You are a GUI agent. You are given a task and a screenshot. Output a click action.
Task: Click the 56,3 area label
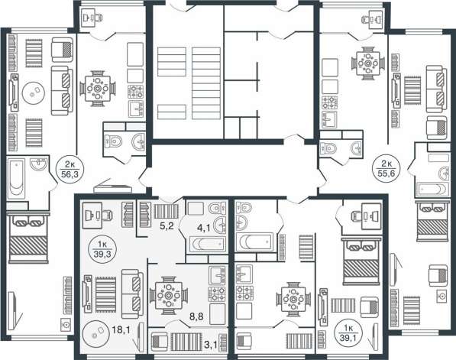[x=70, y=174]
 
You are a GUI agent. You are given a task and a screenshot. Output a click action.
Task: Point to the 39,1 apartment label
[x=348, y=333]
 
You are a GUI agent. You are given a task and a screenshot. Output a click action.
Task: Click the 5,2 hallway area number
[x=167, y=225]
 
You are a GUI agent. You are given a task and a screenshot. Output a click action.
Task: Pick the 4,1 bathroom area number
[x=204, y=228]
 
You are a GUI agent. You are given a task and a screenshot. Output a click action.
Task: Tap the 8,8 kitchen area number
[x=196, y=316]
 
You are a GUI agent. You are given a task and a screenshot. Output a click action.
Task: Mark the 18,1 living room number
[x=121, y=329]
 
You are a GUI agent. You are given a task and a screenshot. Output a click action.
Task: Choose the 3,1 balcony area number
[x=211, y=345]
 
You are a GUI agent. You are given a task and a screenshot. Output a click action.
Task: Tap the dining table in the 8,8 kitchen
[x=168, y=296]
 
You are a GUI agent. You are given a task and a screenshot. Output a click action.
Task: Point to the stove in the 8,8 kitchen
[x=217, y=294]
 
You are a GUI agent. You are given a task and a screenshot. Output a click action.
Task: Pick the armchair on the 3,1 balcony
[x=160, y=342]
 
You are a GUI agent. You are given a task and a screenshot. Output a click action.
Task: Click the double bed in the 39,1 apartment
[x=361, y=261]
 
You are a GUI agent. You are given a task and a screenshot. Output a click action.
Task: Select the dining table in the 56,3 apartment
[x=98, y=89]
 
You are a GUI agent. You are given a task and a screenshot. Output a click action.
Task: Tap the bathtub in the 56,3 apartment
[x=16, y=178]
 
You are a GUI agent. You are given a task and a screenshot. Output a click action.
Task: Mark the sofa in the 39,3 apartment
[x=132, y=294]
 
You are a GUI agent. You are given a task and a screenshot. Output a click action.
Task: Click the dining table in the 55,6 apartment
[x=368, y=63]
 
